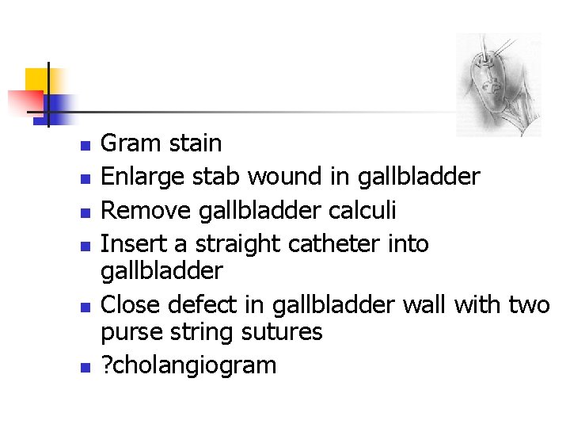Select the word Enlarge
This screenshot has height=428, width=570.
137,176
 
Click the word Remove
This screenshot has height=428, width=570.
139,210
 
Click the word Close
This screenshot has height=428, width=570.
127,304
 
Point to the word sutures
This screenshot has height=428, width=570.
283,332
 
